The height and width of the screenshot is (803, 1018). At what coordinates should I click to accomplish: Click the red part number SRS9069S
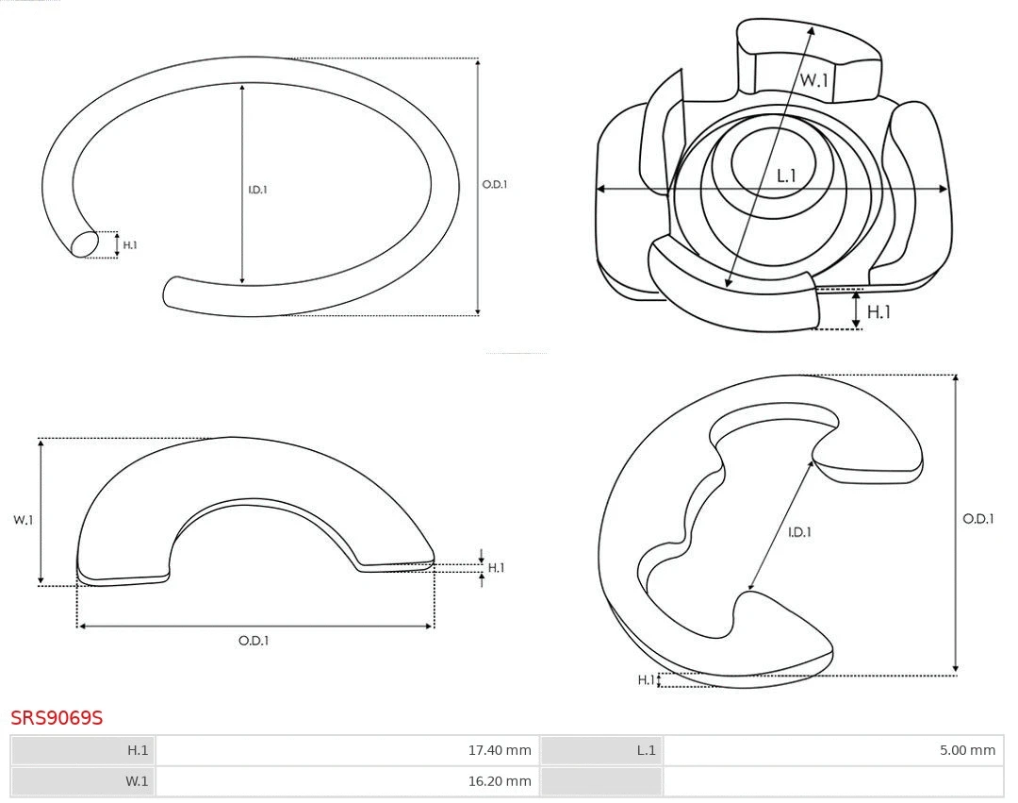[x=57, y=718]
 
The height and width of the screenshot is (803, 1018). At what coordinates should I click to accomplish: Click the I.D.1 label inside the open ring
[x=257, y=190]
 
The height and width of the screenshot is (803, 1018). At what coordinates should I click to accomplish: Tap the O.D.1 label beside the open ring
[x=495, y=185]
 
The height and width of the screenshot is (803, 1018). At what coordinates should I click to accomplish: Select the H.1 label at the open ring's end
[x=130, y=245]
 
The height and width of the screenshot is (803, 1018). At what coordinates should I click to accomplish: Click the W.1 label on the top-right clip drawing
[x=814, y=81]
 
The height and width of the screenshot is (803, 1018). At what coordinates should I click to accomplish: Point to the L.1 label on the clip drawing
[x=787, y=176]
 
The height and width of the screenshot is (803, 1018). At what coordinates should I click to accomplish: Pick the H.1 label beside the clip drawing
[x=878, y=311]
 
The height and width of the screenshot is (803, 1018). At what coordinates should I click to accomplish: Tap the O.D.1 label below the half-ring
[x=254, y=641]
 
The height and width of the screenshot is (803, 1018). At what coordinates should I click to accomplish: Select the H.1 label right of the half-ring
[x=496, y=568]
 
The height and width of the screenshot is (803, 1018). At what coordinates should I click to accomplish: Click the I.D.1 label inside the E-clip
[x=799, y=532]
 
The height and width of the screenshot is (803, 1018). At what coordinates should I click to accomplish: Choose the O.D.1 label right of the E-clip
[x=978, y=519]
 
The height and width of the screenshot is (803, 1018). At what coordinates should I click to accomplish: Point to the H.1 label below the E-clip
[x=646, y=679]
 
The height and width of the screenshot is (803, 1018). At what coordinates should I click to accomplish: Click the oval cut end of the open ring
[x=85, y=243]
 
